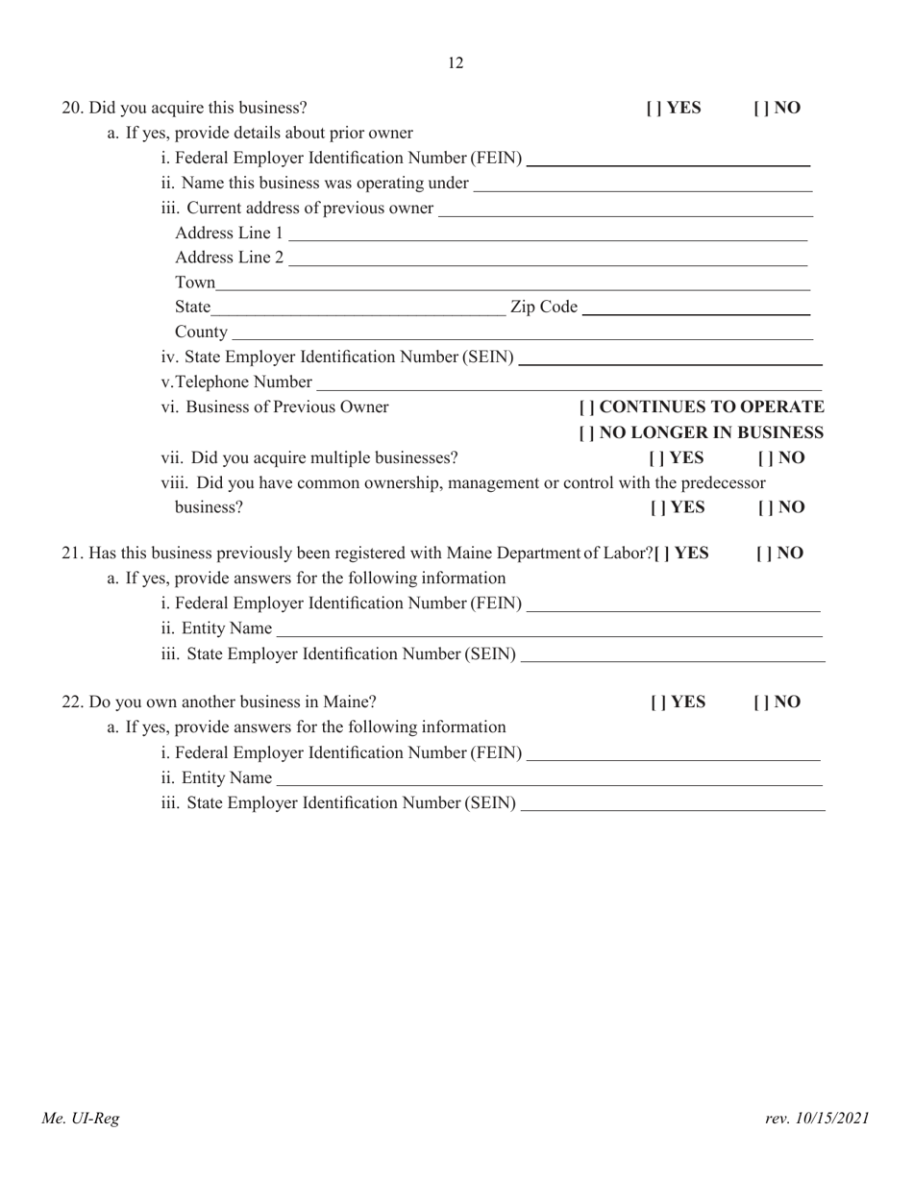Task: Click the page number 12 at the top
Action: pyautogui.click(x=456, y=63)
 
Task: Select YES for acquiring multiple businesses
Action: pyautogui.click(x=657, y=457)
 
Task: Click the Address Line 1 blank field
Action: pyautogui.click(x=547, y=234)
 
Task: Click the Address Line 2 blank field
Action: pyautogui.click(x=547, y=258)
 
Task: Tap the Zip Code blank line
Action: pyautogui.click(x=697, y=307)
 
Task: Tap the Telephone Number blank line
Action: pyautogui.click(x=567, y=382)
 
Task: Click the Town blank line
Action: pyautogui.click(x=513, y=283)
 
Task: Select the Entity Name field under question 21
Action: pyautogui.click(x=548, y=628)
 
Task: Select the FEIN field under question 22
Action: pyautogui.click(x=674, y=751)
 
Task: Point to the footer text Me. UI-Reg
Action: pyautogui.click(x=80, y=1118)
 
